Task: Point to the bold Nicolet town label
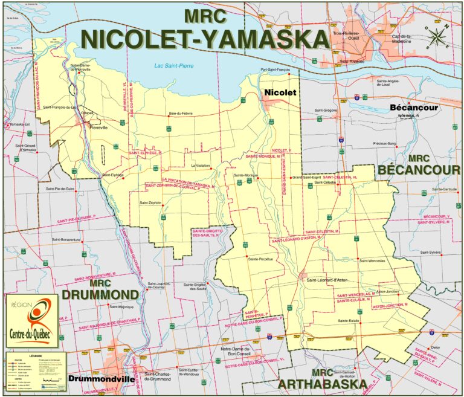[279, 92]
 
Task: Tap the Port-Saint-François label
[275, 69]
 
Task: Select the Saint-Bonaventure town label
[66, 239]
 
